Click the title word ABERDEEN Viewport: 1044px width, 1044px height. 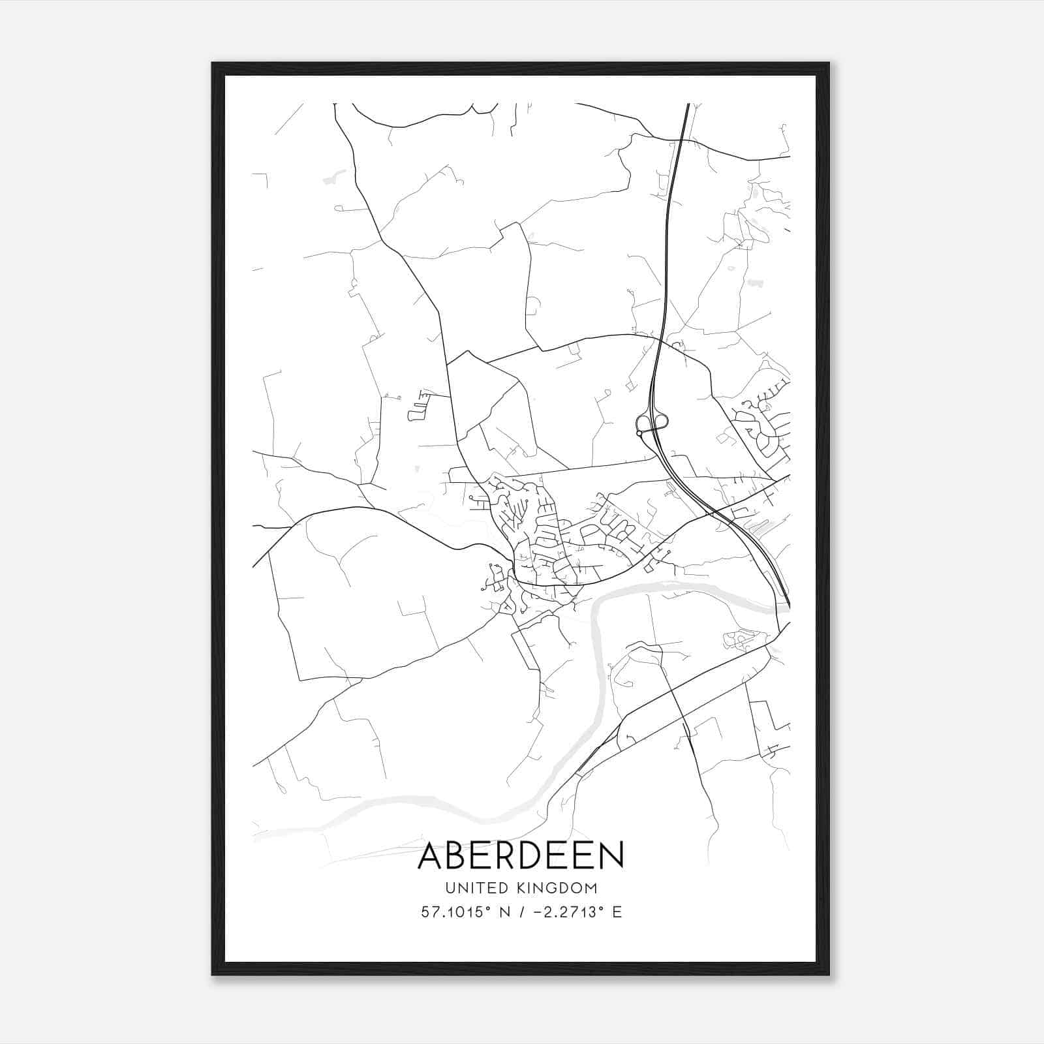pos(520,855)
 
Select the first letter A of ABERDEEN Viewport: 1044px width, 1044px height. pos(430,855)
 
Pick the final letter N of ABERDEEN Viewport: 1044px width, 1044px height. pos(611,855)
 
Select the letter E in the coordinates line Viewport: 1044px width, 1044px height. pos(617,912)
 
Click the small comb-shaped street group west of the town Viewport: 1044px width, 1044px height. pos(418,405)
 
